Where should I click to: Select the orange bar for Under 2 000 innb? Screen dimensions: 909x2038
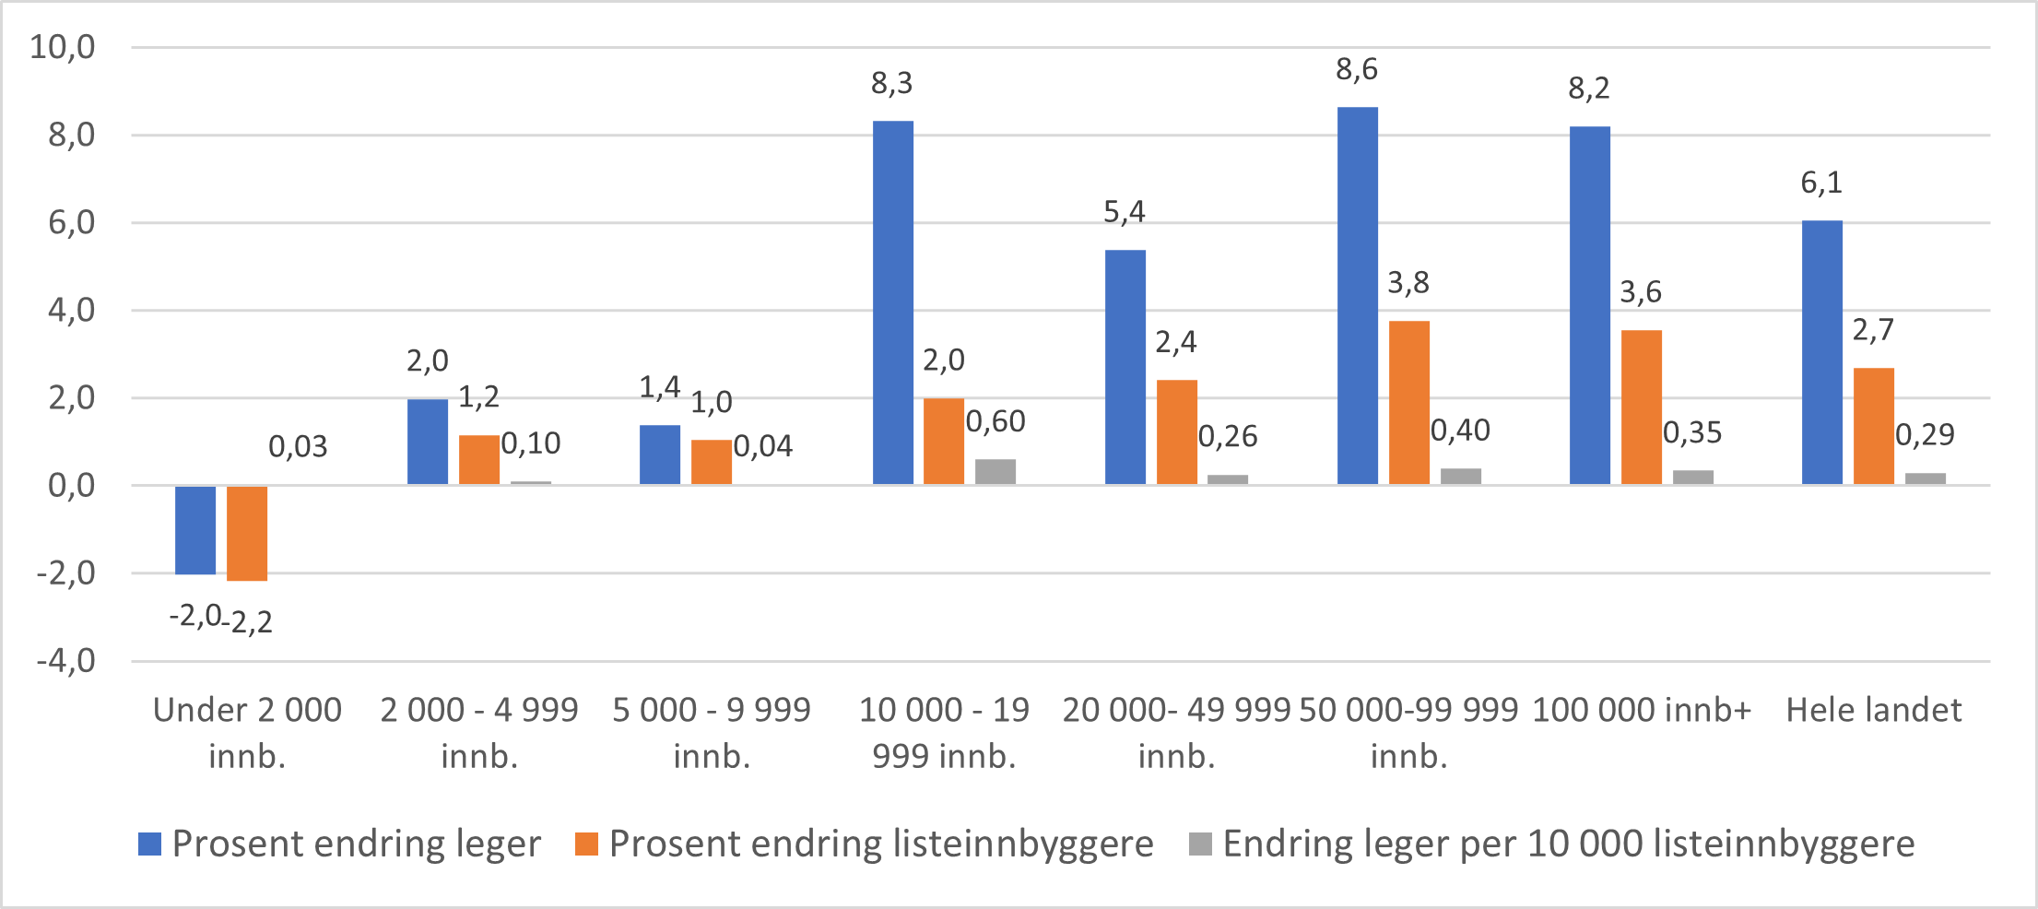click(247, 533)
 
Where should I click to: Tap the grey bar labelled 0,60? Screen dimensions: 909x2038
click(995, 472)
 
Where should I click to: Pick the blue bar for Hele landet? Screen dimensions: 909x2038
click(1821, 352)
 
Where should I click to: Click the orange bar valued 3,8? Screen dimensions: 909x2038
click(1408, 403)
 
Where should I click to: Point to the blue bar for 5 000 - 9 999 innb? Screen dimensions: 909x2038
click(660, 454)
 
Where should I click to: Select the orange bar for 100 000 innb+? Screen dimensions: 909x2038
click(1641, 407)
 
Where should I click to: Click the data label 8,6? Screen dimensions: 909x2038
click(1357, 70)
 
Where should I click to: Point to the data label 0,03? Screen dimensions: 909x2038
click(298, 447)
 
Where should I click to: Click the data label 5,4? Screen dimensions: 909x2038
click(1125, 213)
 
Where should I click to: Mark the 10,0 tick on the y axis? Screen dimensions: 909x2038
click(63, 47)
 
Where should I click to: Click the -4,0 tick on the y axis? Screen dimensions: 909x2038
click(65, 661)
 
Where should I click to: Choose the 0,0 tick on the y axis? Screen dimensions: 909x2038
click(71, 486)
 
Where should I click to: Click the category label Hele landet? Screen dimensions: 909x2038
click(1873, 710)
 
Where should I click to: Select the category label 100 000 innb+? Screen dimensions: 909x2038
click(1641, 710)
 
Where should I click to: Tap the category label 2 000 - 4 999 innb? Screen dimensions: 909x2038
click(479, 733)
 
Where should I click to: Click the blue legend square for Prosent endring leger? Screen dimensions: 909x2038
click(149, 844)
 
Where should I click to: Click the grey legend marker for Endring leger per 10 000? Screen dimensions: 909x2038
click(1200, 844)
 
